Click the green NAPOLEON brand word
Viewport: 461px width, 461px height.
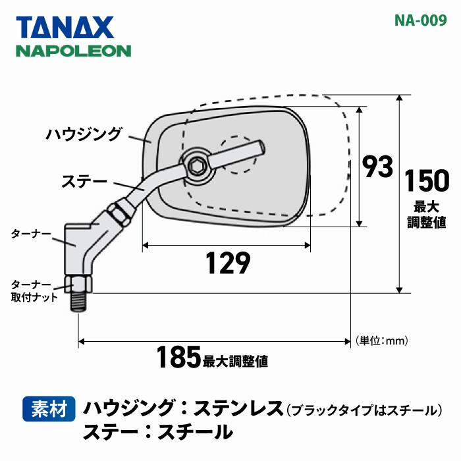74,51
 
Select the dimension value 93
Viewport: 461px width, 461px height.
378,167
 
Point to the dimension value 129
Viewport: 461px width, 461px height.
227,263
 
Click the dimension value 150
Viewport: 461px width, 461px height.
427,180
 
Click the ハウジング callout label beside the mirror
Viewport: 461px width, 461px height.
84,135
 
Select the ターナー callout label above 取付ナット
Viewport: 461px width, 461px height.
31,234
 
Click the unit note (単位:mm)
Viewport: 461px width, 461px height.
382,340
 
